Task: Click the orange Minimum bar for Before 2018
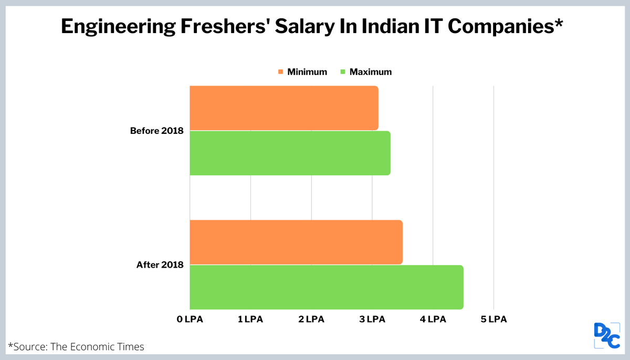[x=283, y=108]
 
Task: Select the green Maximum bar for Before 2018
[x=290, y=153]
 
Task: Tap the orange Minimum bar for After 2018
[x=296, y=242]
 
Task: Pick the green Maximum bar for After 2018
[x=326, y=287]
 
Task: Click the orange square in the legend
[x=281, y=72]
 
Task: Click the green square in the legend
[x=344, y=72]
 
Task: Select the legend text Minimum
[x=307, y=72]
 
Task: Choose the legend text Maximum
[x=371, y=72]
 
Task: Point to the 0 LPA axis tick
[x=190, y=319]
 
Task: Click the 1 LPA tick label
[x=250, y=319]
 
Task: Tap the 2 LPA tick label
[x=311, y=319]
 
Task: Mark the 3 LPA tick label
[x=372, y=319]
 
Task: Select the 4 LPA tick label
[x=433, y=319]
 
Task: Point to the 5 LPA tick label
[x=493, y=319]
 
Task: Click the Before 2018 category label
[x=156, y=131]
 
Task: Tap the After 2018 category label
[x=160, y=265]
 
